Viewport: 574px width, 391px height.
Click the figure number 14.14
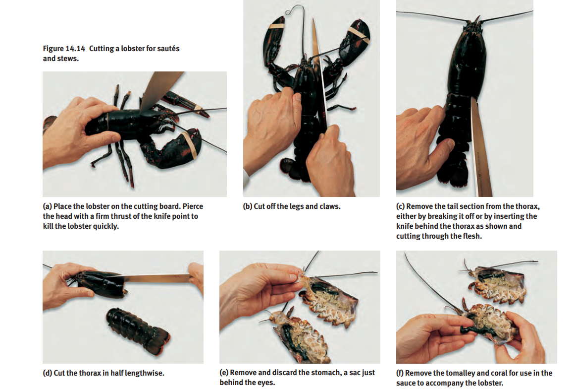pyautogui.click(x=75, y=49)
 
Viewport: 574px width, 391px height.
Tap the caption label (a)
pyautogui.click(x=47, y=206)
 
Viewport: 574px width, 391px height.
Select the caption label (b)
pyautogui.click(x=248, y=206)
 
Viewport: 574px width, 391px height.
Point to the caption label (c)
pyautogui.click(x=400, y=206)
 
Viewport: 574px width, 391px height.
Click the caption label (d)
pyautogui.click(x=47, y=373)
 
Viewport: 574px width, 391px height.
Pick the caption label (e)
pyautogui.click(x=224, y=373)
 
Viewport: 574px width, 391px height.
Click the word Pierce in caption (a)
pyautogui.click(x=193, y=206)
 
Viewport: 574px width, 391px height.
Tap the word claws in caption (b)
pyautogui.click(x=330, y=206)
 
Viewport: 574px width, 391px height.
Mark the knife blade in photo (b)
pyautogui.click(x=318, y=73)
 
